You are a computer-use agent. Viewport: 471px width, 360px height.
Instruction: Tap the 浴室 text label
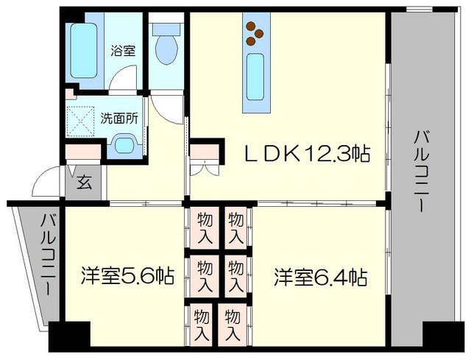click(x=122, y=52)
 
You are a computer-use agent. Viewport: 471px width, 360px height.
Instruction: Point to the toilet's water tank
click(x=166, y=30)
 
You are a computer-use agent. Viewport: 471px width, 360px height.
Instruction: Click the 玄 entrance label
click(x=85, y=182)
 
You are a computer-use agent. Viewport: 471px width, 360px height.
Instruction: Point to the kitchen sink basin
click(x=256, y=72)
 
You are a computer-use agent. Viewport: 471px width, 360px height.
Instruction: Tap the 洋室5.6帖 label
click(x=127, y=277)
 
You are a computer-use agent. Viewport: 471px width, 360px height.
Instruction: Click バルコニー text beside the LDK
click(x=422, y=170)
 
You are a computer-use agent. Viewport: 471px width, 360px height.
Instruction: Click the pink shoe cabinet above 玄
click(x=82, y=152)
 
